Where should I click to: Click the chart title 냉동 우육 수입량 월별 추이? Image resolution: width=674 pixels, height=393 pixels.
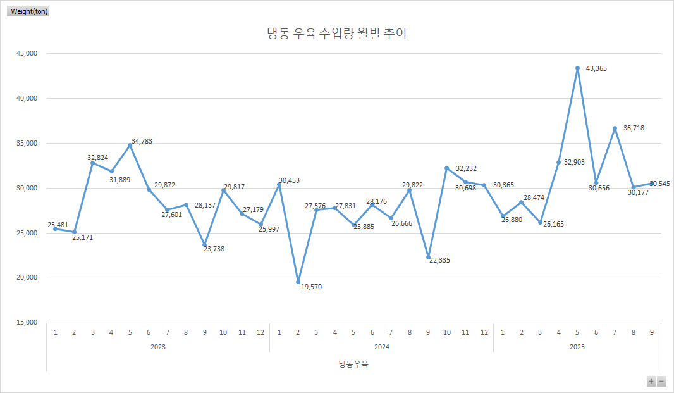tap(336, 34)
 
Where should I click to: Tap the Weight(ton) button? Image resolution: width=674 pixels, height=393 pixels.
tap(29, 11)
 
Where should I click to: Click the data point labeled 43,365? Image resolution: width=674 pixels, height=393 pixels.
tap(577, 68)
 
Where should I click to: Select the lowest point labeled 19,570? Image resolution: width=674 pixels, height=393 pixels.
tap(298, 282)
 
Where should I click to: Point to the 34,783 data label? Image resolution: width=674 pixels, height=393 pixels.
tap(142, 141)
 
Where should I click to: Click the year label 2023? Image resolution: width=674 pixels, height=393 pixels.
tap(158, 347)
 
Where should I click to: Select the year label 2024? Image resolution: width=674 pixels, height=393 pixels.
tap(381, 347)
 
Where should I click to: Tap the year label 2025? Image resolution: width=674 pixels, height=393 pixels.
tap(577, 347)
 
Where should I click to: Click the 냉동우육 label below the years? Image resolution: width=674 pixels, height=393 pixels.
tap(353, 364)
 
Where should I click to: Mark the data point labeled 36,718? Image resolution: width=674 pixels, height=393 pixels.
tap(615, 128)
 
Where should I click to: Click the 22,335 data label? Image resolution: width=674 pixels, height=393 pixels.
tap(441, 260)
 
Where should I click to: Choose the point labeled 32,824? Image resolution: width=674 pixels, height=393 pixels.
tap(92, 163)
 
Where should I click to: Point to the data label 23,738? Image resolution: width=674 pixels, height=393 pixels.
tap(214, 249)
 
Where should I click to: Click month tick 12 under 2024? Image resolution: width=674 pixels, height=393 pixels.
tap(484, 332)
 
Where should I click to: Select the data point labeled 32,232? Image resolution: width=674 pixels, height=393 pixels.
tap(446, 168)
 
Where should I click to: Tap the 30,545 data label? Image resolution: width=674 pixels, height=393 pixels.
tap(659, 184)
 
